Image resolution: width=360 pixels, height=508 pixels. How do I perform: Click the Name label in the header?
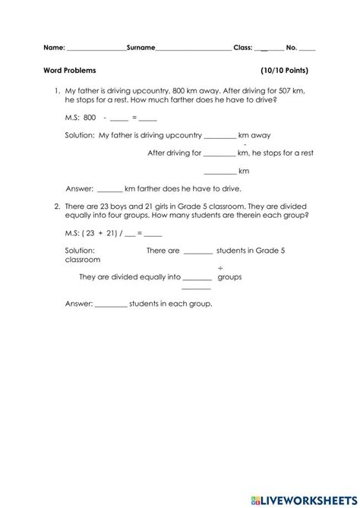coord(54,47)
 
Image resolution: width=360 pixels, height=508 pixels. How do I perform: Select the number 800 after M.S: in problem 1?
coord(90,118)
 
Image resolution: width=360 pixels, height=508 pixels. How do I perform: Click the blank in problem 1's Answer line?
coord(109,188)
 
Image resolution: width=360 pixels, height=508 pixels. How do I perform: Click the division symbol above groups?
coord(221,267)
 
